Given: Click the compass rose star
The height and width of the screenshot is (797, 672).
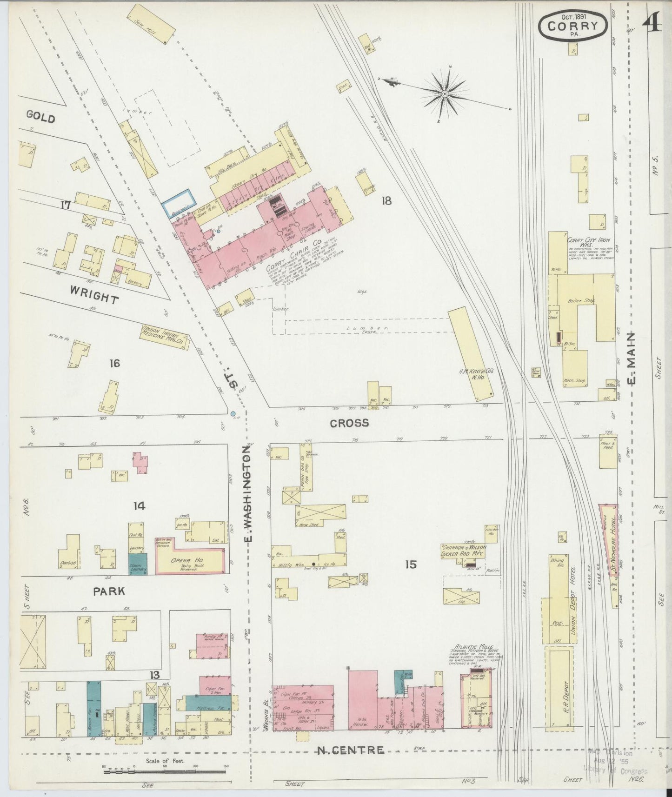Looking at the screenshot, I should tap(444, 94).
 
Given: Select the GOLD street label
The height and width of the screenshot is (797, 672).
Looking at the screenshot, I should tap(40, 117).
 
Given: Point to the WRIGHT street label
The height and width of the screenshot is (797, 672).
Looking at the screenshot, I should tap(94, 294).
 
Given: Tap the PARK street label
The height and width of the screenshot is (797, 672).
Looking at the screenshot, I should tap(109, 591).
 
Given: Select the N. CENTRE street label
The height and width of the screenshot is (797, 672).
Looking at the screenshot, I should tap(350, 750).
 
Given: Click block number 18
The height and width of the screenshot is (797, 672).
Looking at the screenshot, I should tap(386, 200).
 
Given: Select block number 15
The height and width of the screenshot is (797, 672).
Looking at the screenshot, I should tap(411, 565).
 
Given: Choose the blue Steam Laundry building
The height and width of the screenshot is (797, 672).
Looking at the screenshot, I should tap(138, 563).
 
